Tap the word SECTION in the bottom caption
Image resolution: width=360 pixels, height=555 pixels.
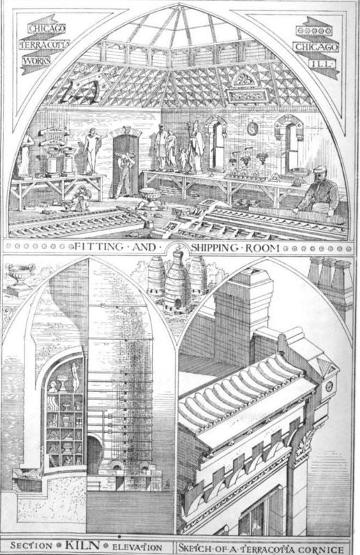click(x=32, y=546)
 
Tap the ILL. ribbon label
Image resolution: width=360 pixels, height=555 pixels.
click(x=318, y=64)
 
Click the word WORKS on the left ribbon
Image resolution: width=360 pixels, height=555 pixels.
click(x=37, y=61)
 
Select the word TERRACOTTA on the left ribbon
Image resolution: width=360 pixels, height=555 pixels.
click(x=45, y=45)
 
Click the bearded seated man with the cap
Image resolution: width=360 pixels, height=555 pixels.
click(x=320, y=192)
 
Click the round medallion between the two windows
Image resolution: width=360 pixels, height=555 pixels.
click(x=253, y=129)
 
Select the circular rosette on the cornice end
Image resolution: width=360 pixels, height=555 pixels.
click(x=329, y=386)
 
